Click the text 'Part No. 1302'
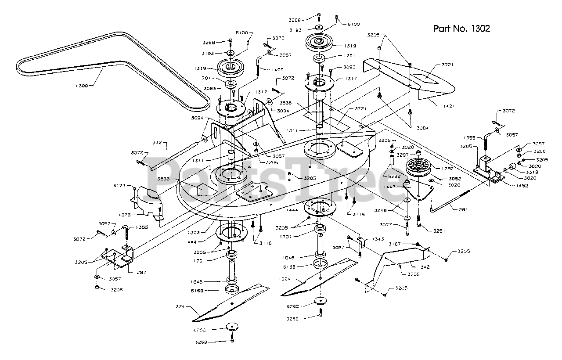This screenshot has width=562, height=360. [461, 29]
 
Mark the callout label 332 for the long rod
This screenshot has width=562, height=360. [158, 143]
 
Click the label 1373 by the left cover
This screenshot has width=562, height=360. [126, 215]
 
